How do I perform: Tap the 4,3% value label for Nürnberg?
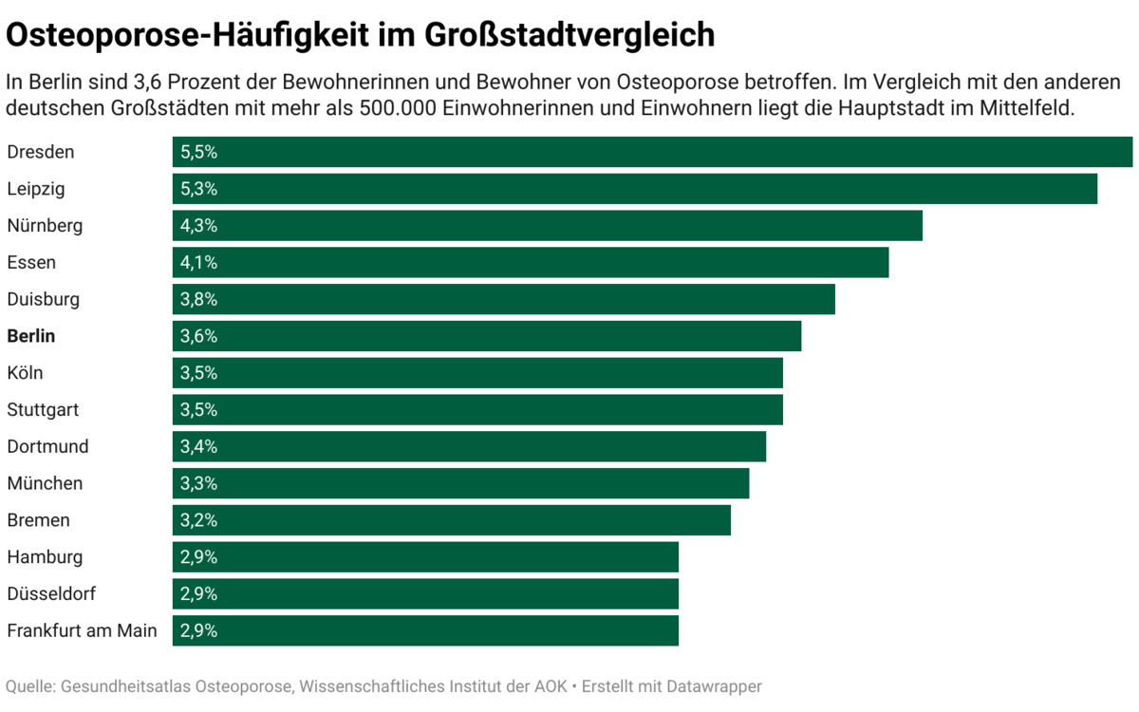point(199,226)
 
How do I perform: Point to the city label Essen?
point(31,263)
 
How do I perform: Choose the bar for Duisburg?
point(503,299)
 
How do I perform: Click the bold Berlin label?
point(31,336)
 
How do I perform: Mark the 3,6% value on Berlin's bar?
point(199,336)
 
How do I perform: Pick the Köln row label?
point(25,373)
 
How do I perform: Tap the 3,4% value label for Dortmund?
point(199,447)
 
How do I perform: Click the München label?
point(45,484)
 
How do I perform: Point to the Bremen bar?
point(451,520)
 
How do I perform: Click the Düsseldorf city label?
point(51,594)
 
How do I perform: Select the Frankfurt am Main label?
point(82,631)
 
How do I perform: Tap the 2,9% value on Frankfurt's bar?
point(199,631)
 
